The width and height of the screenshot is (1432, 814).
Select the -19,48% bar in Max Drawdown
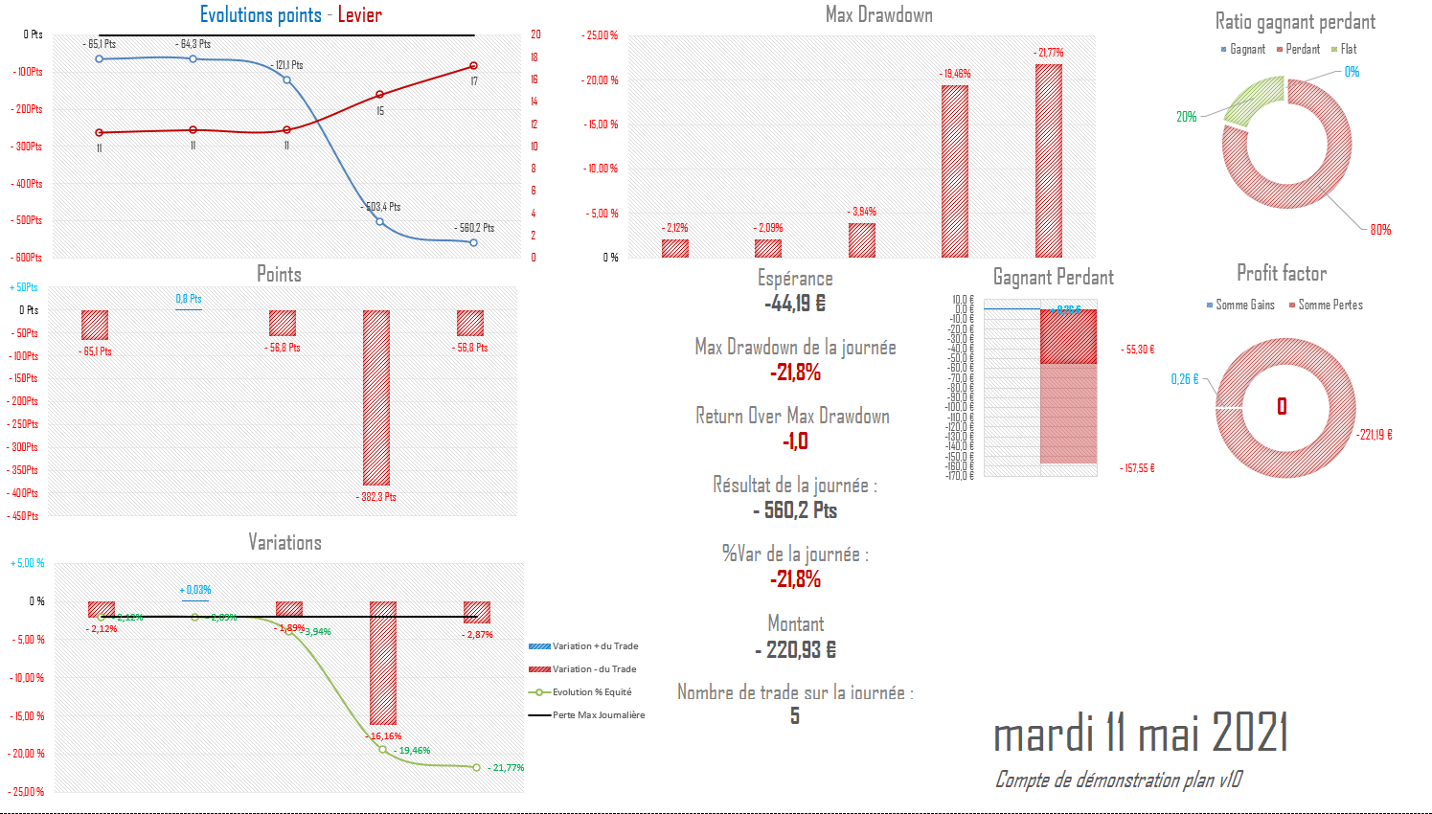pos(954,171)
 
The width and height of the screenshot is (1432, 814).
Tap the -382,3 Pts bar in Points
pos(376,397)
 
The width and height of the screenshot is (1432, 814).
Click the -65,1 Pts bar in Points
pos(95,325)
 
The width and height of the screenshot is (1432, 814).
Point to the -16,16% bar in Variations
pos(383,663)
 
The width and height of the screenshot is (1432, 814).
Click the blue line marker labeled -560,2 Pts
pos(473,242)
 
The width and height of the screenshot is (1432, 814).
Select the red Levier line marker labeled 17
pos(473,66)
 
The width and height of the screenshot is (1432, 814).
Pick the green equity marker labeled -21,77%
pos(476,767)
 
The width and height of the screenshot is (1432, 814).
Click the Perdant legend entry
pos(1302,49)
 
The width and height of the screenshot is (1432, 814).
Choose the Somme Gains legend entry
pos(1244,305)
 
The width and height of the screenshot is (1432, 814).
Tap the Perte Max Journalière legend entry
pos(598,715)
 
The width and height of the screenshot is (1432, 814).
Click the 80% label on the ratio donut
pos(1379,230)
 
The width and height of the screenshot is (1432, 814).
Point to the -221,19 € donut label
pos(1375,435)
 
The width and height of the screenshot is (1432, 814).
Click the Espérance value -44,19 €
pos(795,304)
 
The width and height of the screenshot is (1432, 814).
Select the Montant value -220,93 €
pos(795,650)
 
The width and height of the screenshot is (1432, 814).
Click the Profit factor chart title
pos(1281,274)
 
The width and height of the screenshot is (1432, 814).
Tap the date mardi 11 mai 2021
pos(1140,734)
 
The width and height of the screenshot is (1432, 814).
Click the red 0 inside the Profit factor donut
pos(1282,407)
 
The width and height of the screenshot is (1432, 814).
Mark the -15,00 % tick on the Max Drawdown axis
pos(602,124)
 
